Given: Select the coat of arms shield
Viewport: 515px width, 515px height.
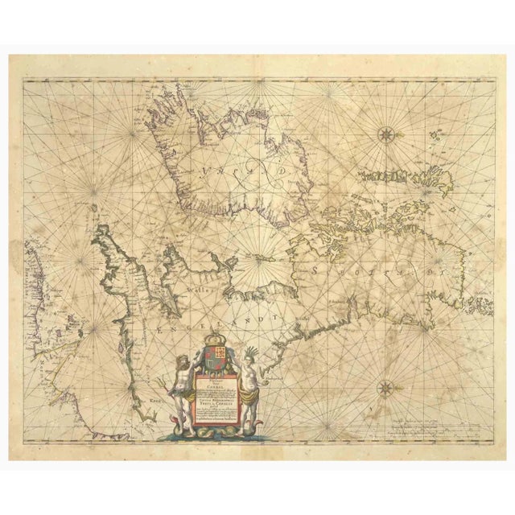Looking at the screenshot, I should [215, 360].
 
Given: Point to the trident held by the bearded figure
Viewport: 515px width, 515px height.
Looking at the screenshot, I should [176, 378].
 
